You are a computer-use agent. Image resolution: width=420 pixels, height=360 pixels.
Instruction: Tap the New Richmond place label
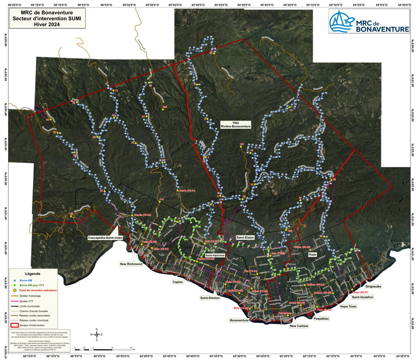pos(131,264)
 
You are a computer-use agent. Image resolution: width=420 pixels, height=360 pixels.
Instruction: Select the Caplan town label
pos(178,282)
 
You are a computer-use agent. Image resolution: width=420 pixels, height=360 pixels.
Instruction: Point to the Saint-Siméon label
pos(210,298)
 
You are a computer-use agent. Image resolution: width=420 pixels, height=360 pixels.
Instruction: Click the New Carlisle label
pos(299,326)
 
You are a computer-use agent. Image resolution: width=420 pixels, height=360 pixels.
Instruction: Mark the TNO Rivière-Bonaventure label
pos(235,124)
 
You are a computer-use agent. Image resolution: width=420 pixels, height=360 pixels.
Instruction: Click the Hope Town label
pos(348,306)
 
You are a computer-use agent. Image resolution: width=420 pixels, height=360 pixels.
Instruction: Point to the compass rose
pos(97,334)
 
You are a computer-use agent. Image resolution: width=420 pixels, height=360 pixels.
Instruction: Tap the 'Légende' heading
pos(33,274)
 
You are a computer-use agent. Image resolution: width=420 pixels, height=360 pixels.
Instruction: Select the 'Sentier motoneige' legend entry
pos(30,296)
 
